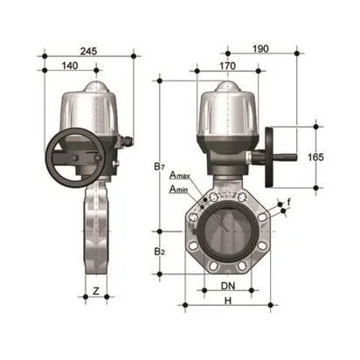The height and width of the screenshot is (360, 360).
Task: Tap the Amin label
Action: (179, 189)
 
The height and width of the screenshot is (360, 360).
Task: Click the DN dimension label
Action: (225, 286)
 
